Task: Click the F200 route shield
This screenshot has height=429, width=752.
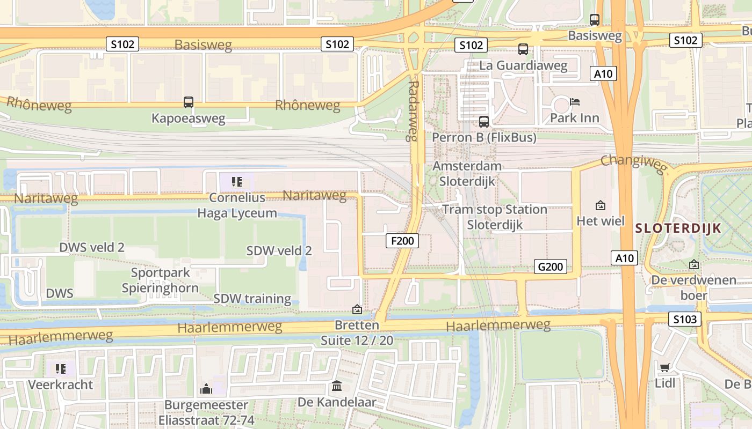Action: (x=402, y=241)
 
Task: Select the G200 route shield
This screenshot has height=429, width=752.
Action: (x=551, y=267)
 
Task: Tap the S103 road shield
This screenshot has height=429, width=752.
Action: (x=685, y=320)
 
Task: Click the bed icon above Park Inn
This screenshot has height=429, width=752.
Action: (x=575, y=101)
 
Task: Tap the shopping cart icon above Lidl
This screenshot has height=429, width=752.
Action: (x=665, y=367)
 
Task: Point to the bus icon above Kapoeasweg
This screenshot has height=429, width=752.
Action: (x=189, y=102)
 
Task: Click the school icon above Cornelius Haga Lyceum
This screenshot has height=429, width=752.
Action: (x=237, y=182)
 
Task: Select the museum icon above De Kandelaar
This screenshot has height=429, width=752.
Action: (x=337, y=386)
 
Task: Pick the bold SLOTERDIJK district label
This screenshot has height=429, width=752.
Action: (x=678, y=228)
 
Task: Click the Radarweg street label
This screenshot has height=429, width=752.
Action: (x=413, y=110)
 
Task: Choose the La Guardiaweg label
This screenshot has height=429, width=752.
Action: (x=523, y=66)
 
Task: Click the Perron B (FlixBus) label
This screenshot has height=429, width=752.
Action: (x=484, y=138)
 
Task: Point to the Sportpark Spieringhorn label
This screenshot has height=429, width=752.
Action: (x=160, y=280)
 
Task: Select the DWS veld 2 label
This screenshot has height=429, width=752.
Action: (x=92, y=247)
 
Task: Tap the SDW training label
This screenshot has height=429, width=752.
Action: (x=252, y=299)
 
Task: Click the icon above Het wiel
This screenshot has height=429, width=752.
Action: (x=601, y=205)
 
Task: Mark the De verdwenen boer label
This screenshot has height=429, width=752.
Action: (x=693, y=287)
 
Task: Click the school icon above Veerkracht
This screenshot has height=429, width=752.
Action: (x=61, y=368)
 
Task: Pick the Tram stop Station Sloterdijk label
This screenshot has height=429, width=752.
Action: (x=494, y=217)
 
